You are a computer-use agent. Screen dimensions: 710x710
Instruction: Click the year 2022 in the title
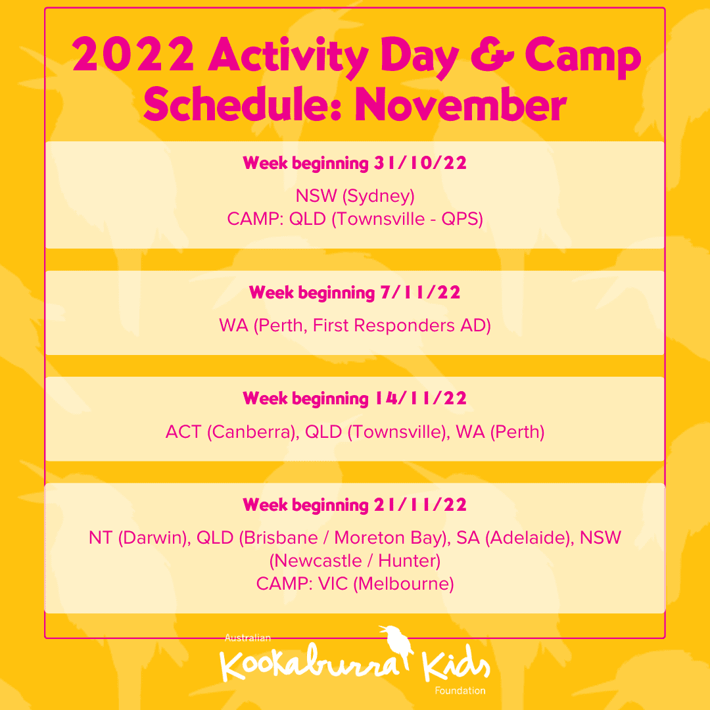point(133,55)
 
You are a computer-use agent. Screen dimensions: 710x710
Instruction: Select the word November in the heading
point(460,104)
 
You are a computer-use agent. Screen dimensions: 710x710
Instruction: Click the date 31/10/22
point(420,163)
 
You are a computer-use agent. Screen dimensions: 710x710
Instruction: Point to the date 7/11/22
point(420,293)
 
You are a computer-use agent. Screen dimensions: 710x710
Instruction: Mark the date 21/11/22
point(420,504)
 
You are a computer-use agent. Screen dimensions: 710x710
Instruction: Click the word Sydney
point(379,197)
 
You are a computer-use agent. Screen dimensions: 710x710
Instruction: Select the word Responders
point(404,325)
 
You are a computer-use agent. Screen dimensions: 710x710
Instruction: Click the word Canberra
point(253,432)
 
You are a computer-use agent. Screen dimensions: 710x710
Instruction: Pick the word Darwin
point(154,538)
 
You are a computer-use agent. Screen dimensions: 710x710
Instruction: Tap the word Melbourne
point(403,584)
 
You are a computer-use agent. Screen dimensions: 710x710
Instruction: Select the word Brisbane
point(279,538)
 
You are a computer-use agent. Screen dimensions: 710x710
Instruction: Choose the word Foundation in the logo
point(460,690)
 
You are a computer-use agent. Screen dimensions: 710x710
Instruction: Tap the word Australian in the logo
point(248,638)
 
